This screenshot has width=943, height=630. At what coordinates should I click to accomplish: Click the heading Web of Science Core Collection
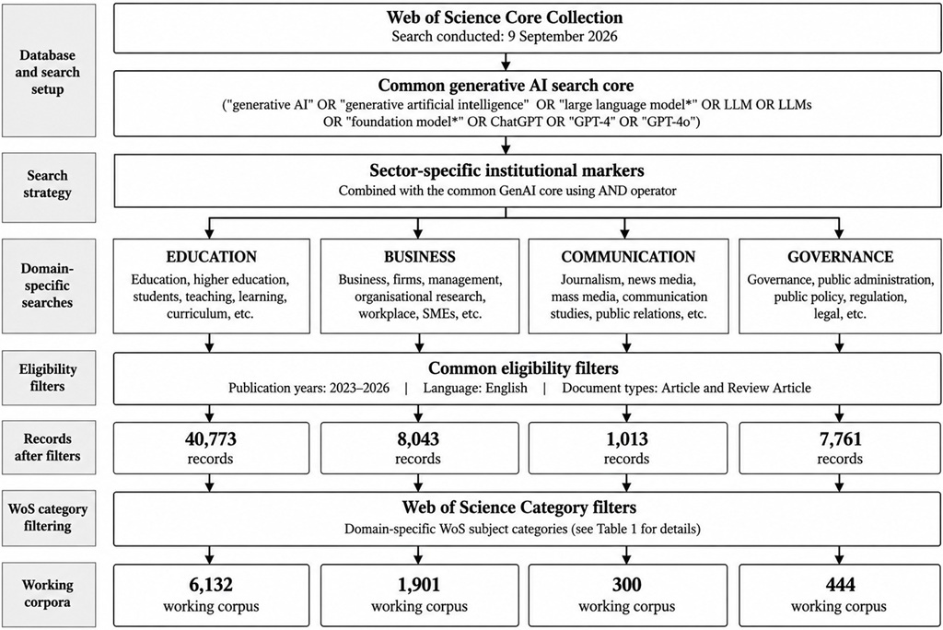point(505,17)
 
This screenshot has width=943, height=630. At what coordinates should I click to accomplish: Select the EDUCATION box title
point(212,257)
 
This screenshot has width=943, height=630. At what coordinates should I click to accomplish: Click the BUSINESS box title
point(420,257)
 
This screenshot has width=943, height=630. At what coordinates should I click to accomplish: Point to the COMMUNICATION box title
point(628,257)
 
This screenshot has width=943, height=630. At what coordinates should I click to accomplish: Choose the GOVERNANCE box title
point(840,257)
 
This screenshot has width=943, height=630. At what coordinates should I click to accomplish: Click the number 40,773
point(211,439)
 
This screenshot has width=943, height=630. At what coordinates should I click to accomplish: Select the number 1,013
point(626,439)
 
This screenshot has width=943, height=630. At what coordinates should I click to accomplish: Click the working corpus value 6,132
point(211,584)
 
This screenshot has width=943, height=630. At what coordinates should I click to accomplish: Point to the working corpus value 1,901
point(419,584)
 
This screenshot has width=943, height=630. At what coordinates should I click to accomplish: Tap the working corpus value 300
point(626,584)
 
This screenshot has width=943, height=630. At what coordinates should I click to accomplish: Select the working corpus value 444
point(840,584)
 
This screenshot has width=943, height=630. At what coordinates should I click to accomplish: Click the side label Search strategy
point(48,184)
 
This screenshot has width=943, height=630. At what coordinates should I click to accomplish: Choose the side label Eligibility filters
point(48,378)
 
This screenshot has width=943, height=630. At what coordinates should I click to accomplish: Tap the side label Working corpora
point(48,593)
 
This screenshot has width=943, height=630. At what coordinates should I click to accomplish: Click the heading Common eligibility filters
point(523,367)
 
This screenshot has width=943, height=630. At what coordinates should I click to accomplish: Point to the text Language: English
point(475,388)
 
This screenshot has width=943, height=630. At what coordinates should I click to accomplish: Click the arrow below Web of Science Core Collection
point(506,62)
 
